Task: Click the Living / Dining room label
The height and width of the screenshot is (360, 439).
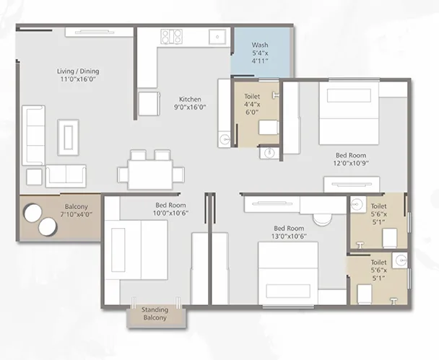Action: click(x=78, y=75)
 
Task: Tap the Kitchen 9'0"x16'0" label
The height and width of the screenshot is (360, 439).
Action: click(x=191, y=103)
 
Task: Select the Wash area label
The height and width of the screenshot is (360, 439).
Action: click(x=260, y=53)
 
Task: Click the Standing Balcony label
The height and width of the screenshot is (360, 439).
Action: click(x=155, y=314)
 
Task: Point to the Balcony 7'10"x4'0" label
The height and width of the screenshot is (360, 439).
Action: click(x=77, y=211)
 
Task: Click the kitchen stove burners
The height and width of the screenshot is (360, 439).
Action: click(x=171, y=37)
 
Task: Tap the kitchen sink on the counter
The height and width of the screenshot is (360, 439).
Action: click(x=217, y=37)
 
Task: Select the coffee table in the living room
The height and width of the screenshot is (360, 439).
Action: click(x=69, y=137)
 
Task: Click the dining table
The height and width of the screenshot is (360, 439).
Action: click(x=150, y=174)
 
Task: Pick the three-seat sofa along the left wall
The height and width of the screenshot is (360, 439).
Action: click(x=34, y=136)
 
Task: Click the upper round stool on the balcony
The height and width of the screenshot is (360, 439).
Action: click(x=33, y=213)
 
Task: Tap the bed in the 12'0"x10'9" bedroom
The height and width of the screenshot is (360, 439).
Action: click(x=349, y=113)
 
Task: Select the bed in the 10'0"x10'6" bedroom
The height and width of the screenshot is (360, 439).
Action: click(x=136, y=250)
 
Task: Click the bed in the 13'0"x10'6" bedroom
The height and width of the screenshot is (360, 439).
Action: click(x=288, y=273)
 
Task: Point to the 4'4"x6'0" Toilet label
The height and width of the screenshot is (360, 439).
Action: click(x=252, y=105)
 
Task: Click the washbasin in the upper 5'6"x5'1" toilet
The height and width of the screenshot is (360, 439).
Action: click(x=358, y=204)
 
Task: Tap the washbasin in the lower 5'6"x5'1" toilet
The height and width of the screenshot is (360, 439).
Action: click(x=399, y=260)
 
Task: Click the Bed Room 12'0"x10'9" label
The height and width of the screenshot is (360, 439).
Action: click(x=351, y=159)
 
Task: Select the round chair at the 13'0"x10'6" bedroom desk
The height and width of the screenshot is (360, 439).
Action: click(x=322, y=219)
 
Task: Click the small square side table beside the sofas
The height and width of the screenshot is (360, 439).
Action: click(x=34, y=177)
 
